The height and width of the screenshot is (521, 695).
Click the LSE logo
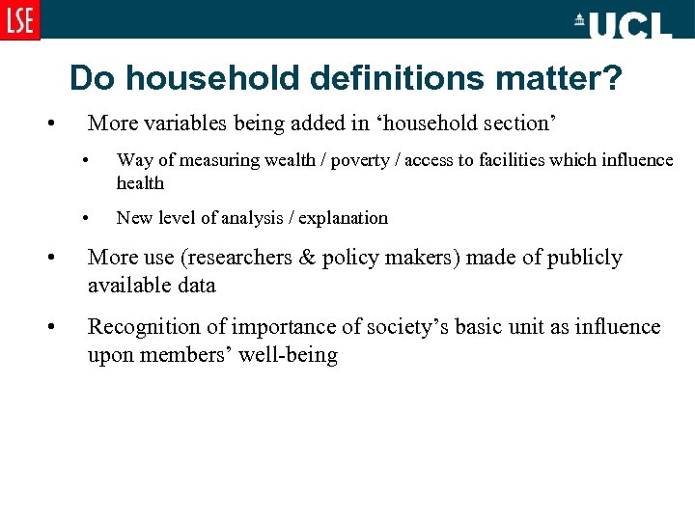click(x=19, y=19)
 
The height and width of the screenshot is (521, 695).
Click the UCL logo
click(x=624, y=24)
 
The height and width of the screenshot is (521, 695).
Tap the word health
click(x=140, y=183)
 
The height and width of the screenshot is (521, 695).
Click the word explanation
click(x=343, y=218)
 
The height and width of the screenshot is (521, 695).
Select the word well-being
click(x=287, y=355)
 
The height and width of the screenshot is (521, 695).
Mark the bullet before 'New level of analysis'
click(x=86, y=218)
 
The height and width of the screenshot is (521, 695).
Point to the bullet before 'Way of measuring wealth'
click(x=86, y=160)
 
